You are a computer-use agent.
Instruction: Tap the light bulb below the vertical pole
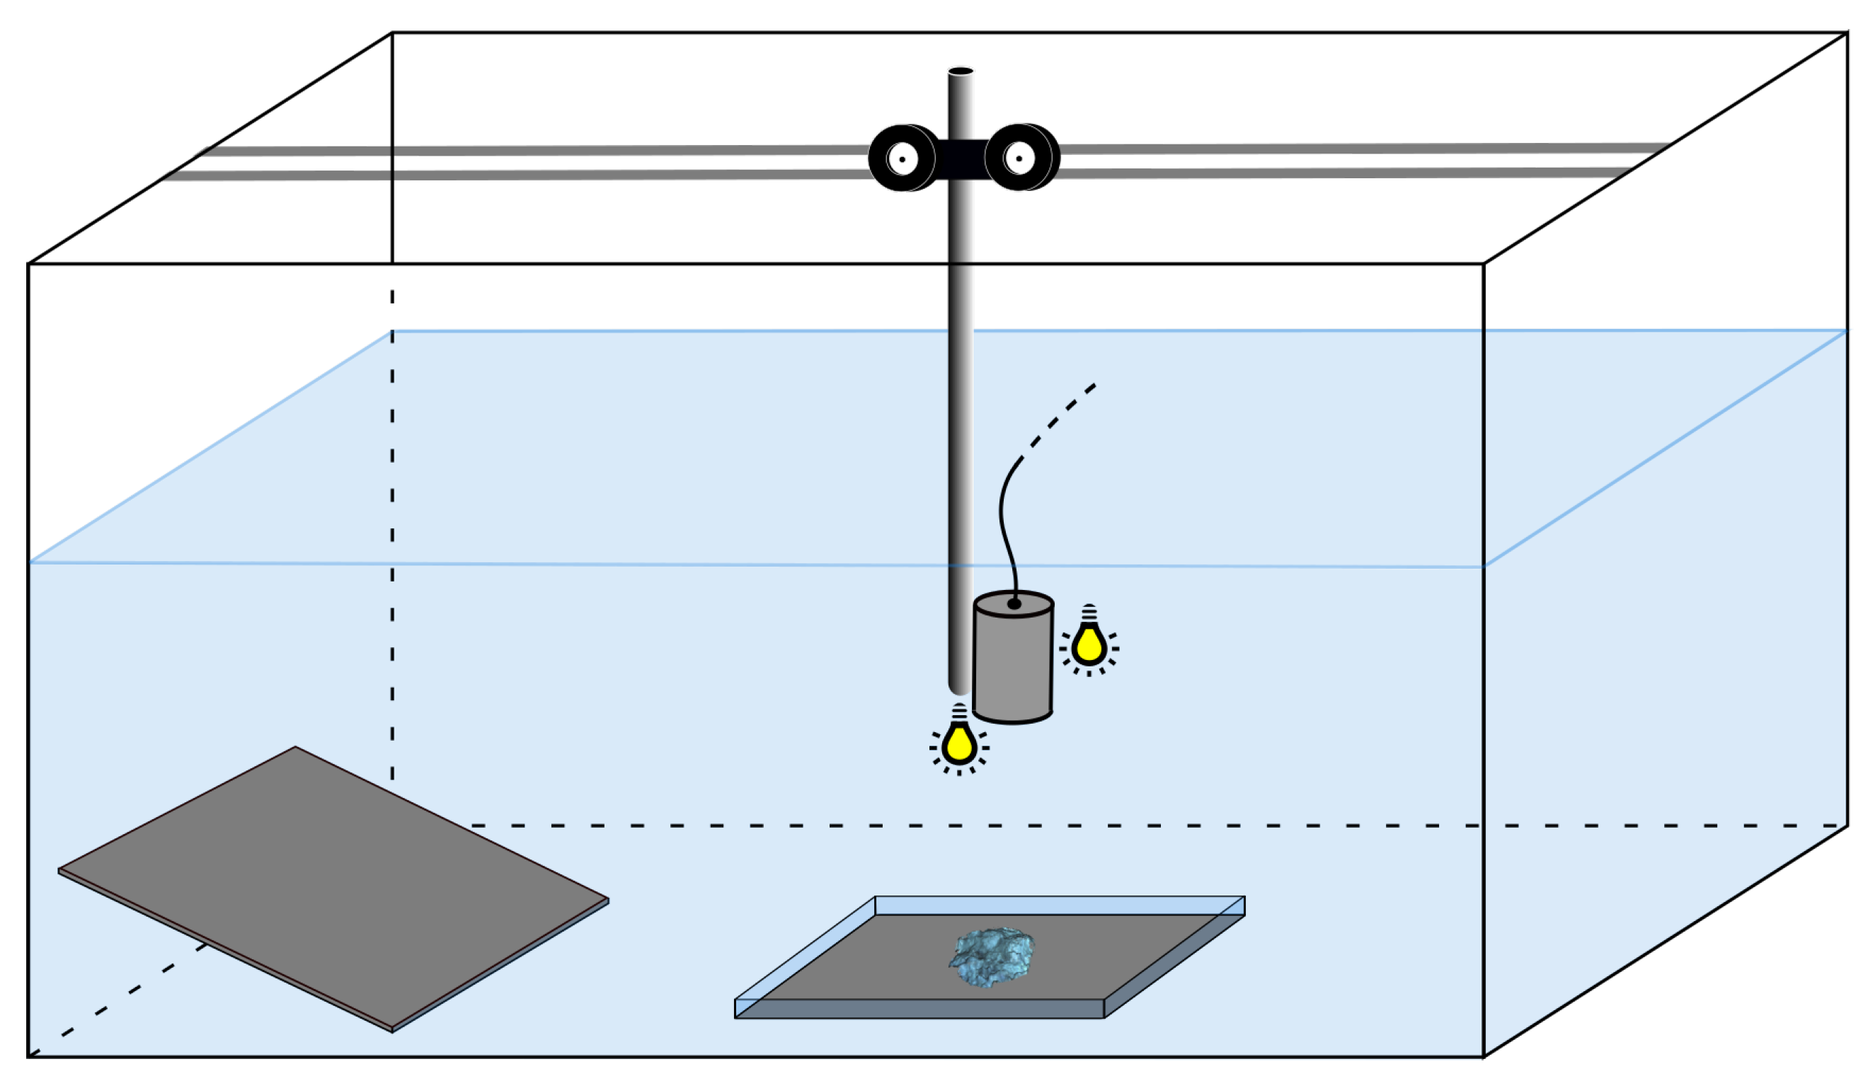click(x=958, y=743)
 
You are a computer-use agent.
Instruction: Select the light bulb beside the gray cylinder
click(x=1088, y=644)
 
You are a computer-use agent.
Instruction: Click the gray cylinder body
click(x=1012, y=665)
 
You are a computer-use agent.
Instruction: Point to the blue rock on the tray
click(x=991, y=957)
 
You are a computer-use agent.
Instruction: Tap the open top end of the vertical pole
click(x=961, y=71)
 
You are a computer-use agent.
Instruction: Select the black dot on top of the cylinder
click(x=1014, y=603)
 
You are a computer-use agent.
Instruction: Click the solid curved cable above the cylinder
click(x=1003, y=517)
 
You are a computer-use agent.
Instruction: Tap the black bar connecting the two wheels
click(x=961, y=159)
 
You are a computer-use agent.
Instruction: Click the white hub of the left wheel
click(x=902, y=159)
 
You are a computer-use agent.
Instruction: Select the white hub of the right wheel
click(x=1019, y=158)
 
